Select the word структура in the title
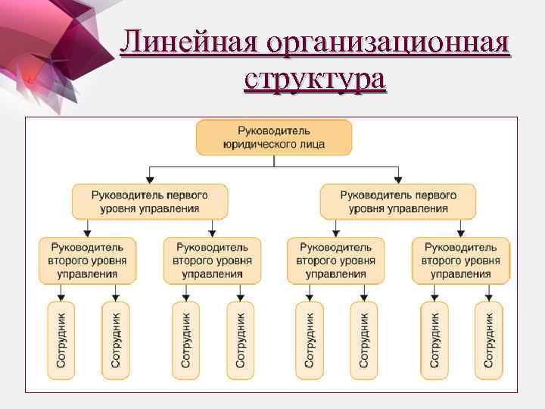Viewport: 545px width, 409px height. click(x=315, y=78)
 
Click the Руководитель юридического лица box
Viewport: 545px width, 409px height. click(x=274, y=137)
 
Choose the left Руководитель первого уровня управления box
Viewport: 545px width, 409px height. click(x=149, y=201)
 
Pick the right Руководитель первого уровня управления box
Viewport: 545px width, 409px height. click(x=398, y=201)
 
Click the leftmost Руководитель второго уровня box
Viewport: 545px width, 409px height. click(x=88, y=261)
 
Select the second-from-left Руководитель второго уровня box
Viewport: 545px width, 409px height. click(x=212, y=261)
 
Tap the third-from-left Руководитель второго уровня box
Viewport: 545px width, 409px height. click(x=335, y=261)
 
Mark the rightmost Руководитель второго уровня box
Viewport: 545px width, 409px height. click(x=460, y=261)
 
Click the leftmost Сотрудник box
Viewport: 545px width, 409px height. click(x=61, y=340)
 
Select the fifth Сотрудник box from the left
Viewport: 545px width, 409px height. click(x=309, y=340)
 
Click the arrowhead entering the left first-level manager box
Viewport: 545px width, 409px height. click(x=149, y=179)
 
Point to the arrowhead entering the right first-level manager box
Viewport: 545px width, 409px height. click(x=398, y=179)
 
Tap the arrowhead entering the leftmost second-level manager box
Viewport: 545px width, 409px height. click(x=88, y=233)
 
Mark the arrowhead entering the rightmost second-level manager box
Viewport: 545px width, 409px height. click(x=460, y=233)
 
